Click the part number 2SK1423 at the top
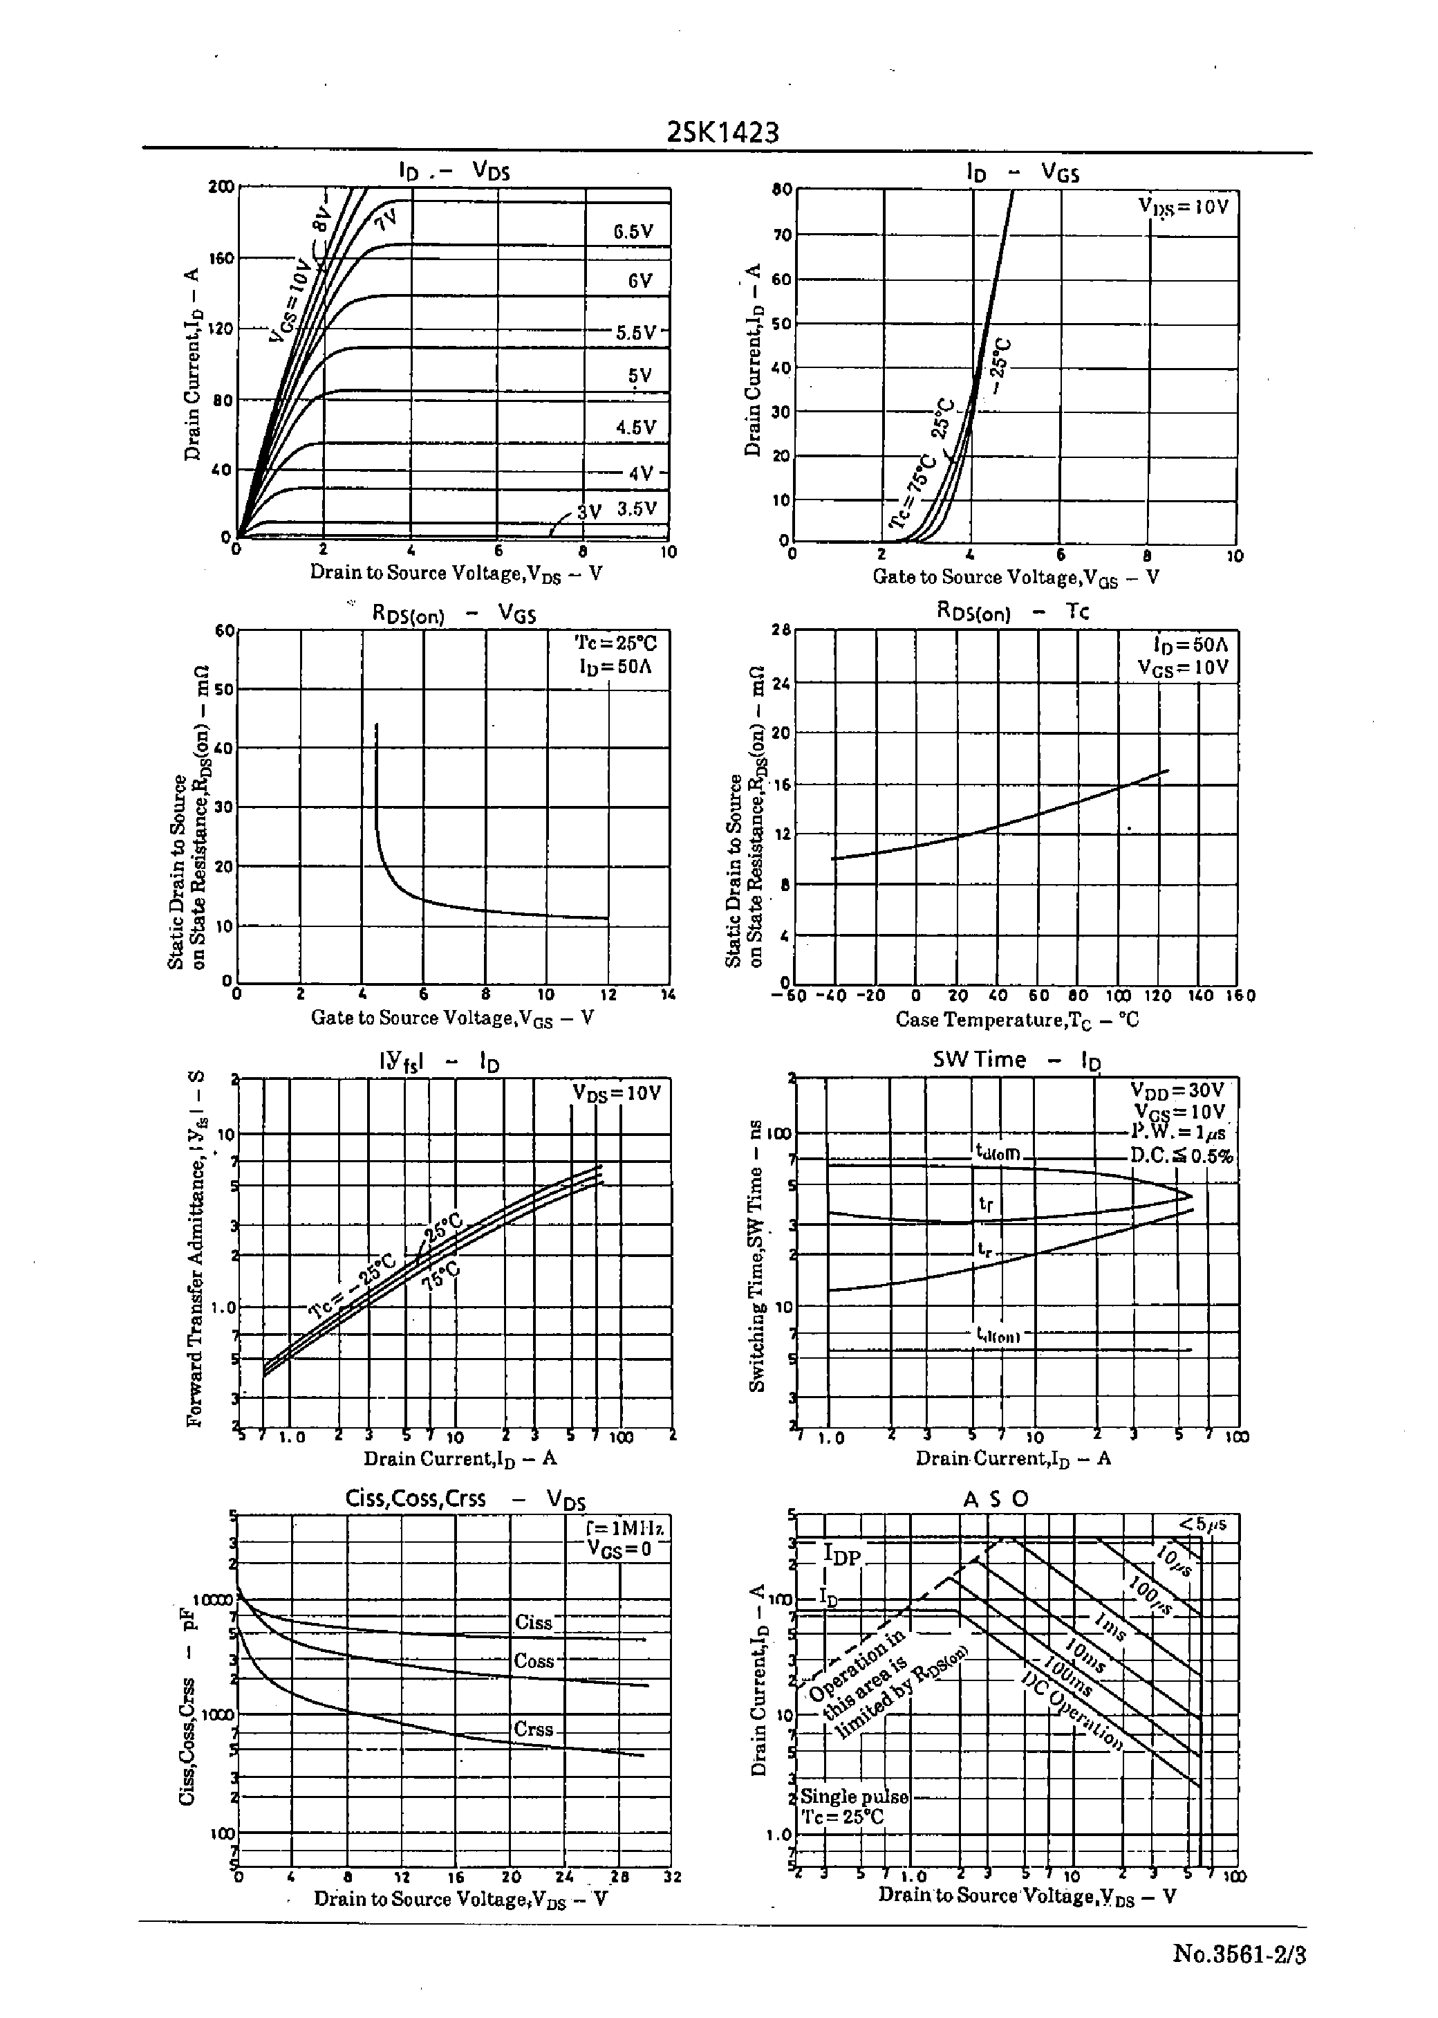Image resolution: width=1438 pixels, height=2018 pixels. pyautogui.click(x=722, y=133)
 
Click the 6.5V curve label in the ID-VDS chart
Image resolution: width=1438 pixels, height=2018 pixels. pyautogui.click(x=633, y=232)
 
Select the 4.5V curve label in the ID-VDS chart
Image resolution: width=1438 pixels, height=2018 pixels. pyautogui.click(x=636, y=428)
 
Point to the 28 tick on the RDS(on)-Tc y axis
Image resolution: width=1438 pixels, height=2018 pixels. pyautogui.click(x=780, y=630)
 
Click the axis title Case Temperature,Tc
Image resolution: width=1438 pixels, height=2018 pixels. pyautogui.click(x=1016, y=1020)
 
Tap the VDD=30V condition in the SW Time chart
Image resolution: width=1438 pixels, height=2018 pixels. pyautogui.click(x=1177, y=1090)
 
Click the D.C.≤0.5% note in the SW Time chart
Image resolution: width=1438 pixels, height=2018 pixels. pyautogui.click(x=1180, y=1156)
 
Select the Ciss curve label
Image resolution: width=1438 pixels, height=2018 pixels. pyautogui.click(x=533, y=1623)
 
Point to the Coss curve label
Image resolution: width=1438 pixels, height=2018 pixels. pyautogui.click(x=533, y=1661)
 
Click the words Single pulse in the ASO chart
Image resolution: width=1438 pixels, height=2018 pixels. pyautogui.click(x=854, y=1797)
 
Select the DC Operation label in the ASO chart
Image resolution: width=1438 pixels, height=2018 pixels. pyautogui.click(x=1072, y=1712)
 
